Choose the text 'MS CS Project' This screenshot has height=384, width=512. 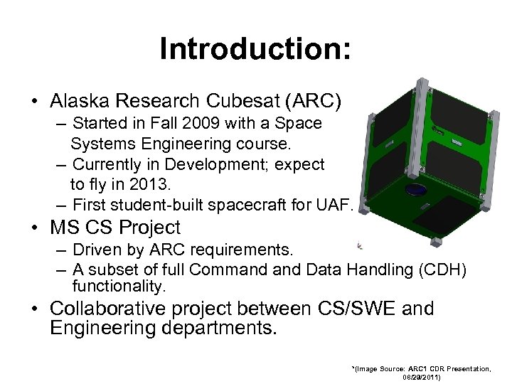(115, 228)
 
